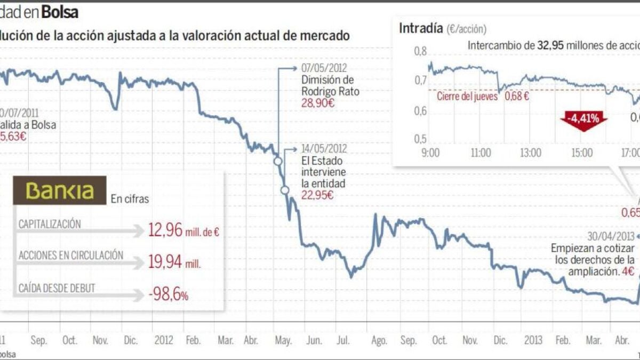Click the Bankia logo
tap(60, 191)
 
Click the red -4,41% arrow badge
tap(583, 118)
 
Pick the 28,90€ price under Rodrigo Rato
tap(318, 103)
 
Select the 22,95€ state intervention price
tap(318, 195)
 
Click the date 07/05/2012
tap(324, 69)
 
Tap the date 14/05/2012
tap(324, 149)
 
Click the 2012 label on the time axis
tap(163, 340)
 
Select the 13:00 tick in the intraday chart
tap(530, 153)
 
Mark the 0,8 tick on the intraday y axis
tap(421, 52)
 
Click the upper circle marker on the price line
tap(277, 162)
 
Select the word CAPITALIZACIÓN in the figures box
tap(50, 224)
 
